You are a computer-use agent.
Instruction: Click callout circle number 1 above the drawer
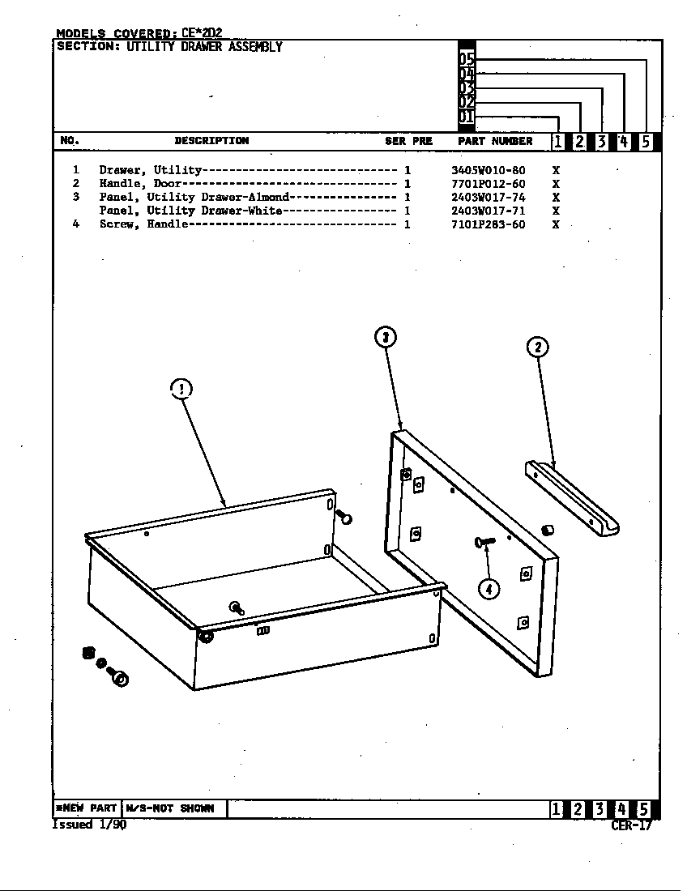[181, 389]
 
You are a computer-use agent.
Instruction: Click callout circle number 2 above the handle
[538, 347]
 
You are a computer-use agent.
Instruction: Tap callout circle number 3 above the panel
[386, 336]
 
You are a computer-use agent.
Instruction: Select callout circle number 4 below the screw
[489, 589]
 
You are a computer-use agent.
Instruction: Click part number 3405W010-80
[488, 171]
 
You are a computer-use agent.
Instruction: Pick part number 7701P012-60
[488, 184]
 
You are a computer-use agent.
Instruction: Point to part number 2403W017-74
[488, 197]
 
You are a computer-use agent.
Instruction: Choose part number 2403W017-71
[488, 211]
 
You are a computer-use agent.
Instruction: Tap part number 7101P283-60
[488, 224]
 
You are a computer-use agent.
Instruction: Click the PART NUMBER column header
[495, 141]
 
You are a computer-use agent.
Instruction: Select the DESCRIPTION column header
[211, 141]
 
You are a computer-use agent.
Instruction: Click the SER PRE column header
[408, 141]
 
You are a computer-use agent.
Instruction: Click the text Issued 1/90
[89, 825]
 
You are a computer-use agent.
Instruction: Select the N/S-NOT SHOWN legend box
[173, 808]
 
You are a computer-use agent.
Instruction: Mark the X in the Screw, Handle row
[556, 224]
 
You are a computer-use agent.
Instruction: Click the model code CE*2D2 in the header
[202, 33]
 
